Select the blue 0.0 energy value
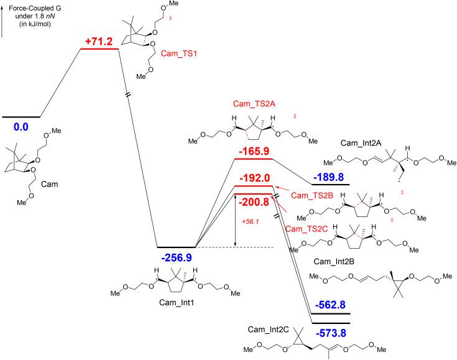tap(21, 127)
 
